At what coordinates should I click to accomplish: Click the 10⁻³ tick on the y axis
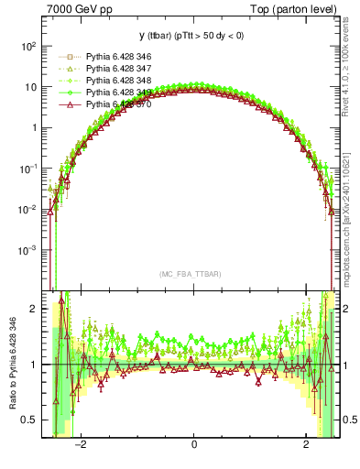click(x=27, y=250)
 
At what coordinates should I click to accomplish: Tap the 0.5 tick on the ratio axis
click(x=30, y=420)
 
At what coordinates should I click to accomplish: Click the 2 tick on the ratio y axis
click(x=36, y=310)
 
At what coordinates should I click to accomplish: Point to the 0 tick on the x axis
click(x=193, y=446)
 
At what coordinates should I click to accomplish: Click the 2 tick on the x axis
click(x=306, y=446)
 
